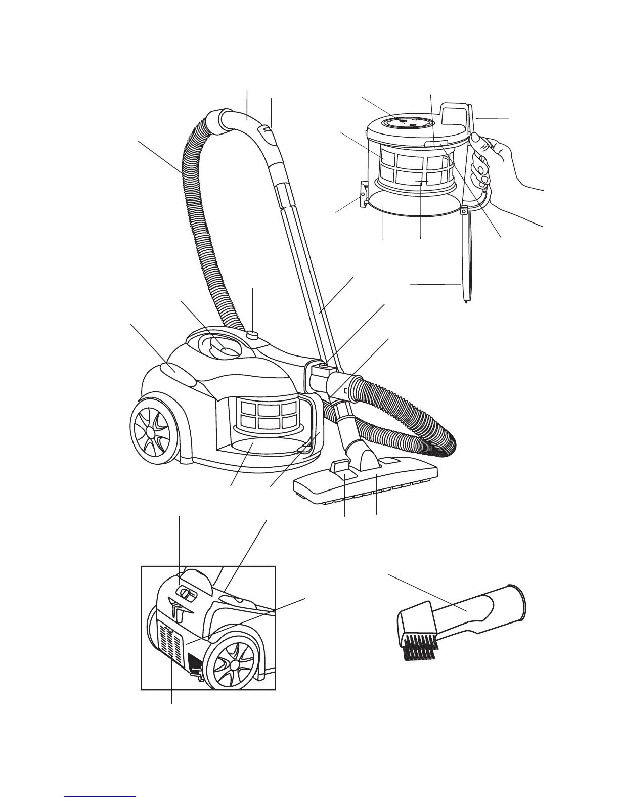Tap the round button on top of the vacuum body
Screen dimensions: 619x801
(253, 334)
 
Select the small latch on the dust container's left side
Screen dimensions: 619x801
(364, 195)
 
